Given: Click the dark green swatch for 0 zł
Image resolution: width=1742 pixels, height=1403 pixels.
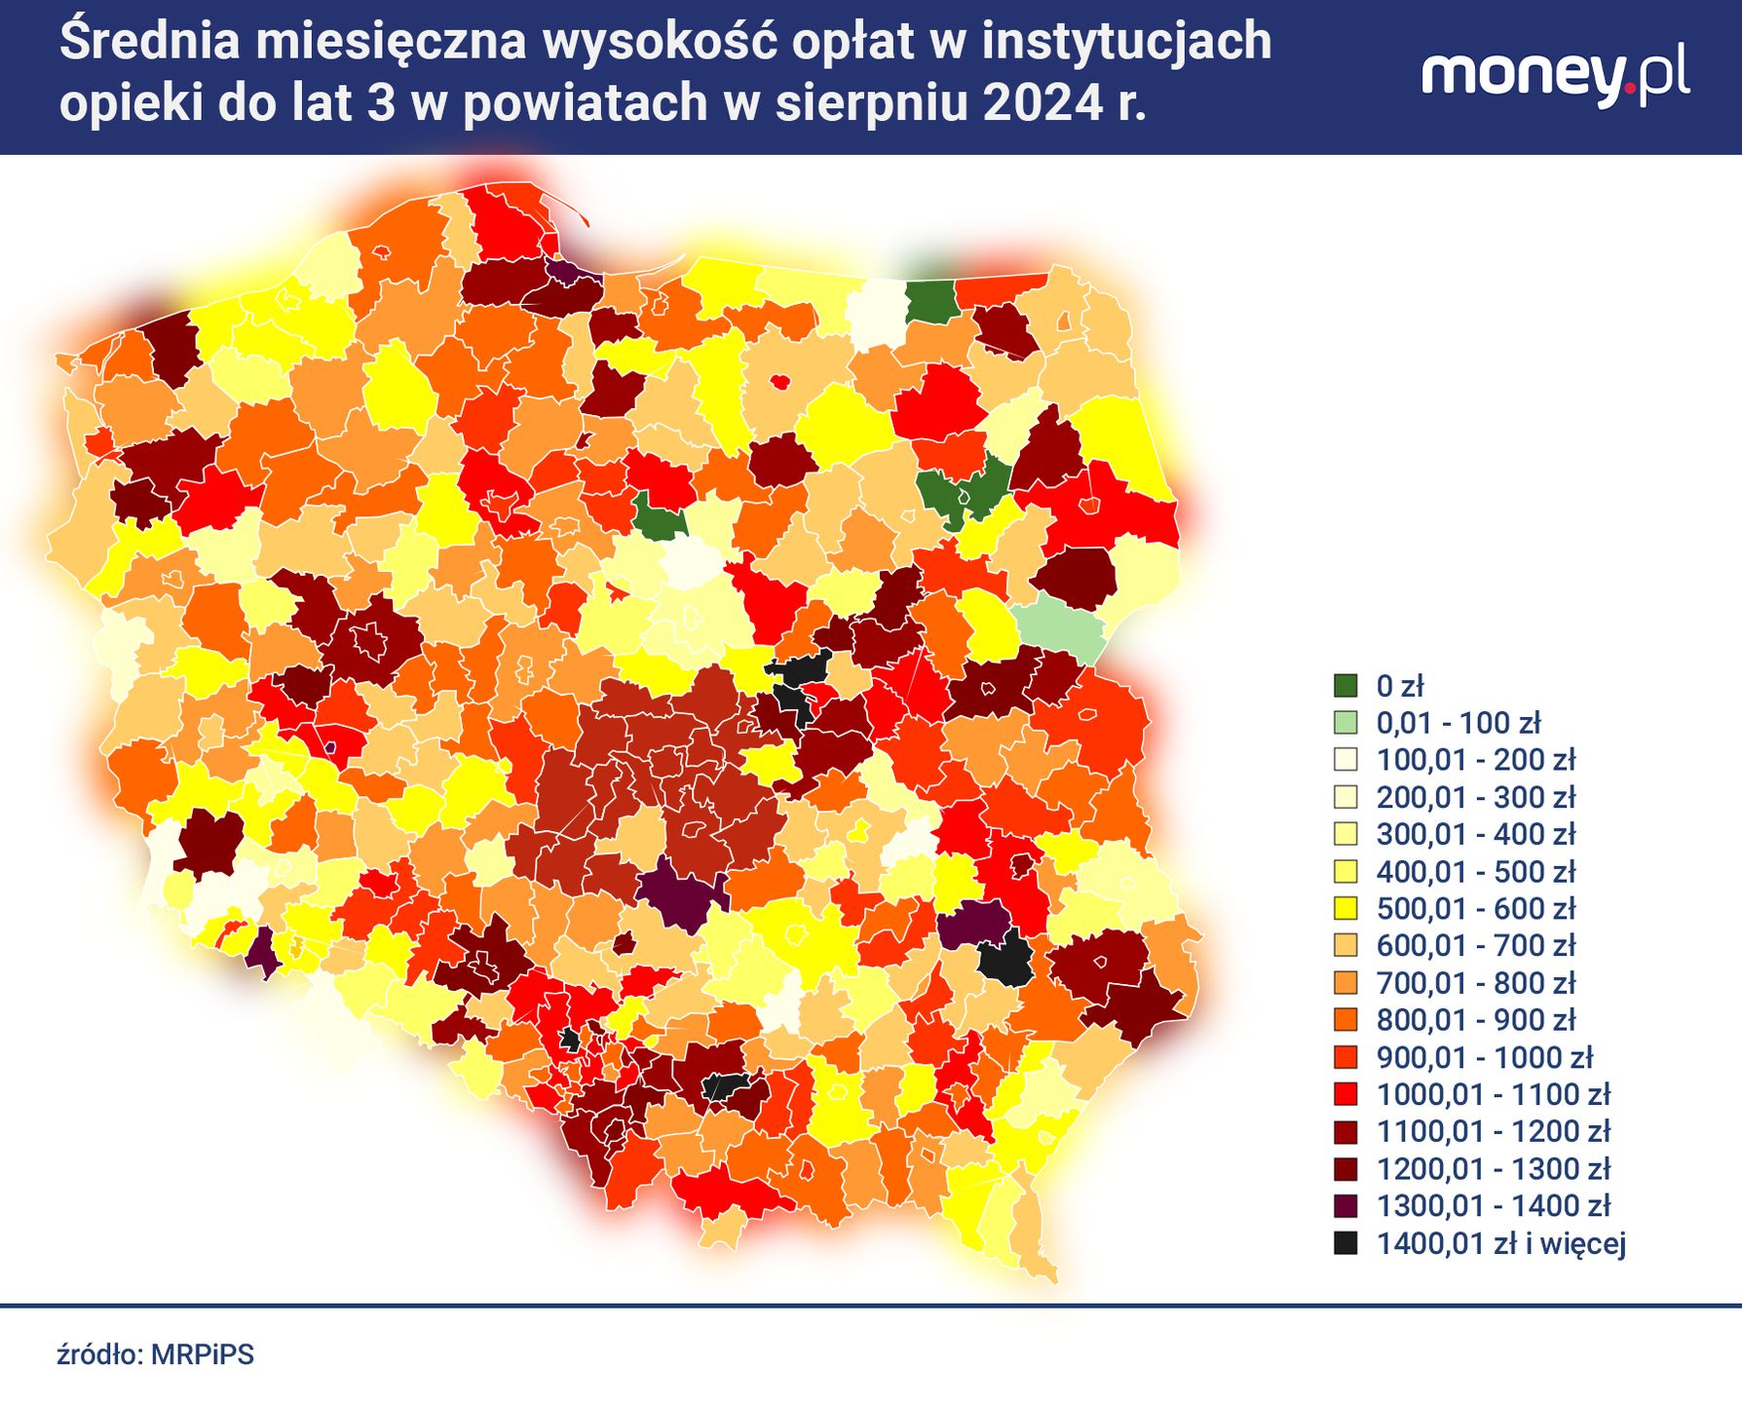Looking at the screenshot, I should [1345, 686].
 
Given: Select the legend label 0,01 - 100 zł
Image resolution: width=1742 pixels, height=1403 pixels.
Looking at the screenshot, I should [1458, 723].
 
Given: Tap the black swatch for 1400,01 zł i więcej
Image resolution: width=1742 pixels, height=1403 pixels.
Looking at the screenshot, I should [1345, 1243].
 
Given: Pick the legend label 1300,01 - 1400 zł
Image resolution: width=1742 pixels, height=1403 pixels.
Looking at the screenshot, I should [1493, 1206].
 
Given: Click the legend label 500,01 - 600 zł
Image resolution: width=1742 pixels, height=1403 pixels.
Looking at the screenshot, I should [1475, 909].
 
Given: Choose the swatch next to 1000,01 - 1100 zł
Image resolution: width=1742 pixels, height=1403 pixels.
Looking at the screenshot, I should [1345, 1094].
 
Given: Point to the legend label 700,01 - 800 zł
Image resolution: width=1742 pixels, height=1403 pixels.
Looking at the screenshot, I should [1475, 983].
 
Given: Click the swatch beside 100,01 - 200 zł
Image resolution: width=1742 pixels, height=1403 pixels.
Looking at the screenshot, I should [1345, 760].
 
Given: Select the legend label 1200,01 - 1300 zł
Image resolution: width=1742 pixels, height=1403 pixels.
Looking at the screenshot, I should [1493, 1169].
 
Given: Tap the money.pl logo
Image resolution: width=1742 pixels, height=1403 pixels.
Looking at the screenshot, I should [1555, 76].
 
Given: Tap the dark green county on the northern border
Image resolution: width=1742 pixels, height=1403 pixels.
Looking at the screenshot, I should [930, 301].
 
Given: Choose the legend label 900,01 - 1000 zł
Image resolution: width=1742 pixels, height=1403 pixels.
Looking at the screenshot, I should [1484, 1057].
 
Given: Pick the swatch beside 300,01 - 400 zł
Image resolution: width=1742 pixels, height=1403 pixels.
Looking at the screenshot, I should [1345, 834].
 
